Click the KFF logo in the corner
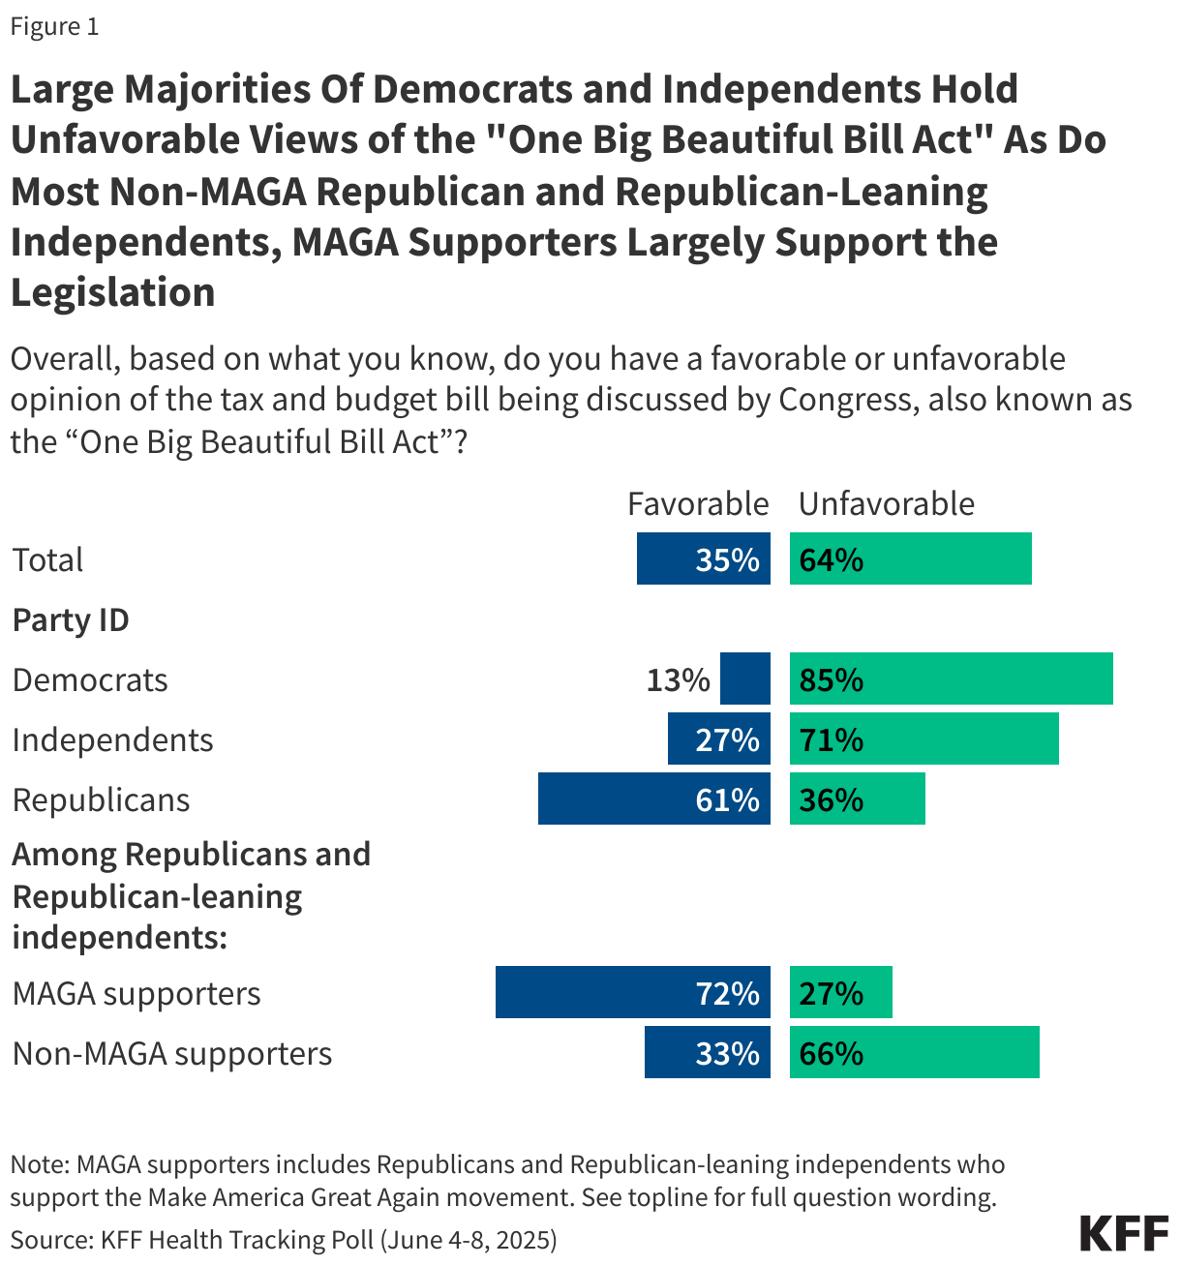1123,1234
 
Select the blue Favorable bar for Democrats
745,678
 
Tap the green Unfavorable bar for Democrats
951,678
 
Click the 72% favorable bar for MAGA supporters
632,992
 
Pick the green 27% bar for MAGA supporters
840,992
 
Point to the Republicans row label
101,800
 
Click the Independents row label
112,740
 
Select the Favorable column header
697,504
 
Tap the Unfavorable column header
886,504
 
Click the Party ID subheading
71,620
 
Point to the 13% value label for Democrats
678,680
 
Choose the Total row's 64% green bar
910,558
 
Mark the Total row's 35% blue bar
703,558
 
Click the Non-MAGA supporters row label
171,1054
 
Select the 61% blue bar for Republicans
653,799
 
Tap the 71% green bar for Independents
924,738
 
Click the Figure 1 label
54,26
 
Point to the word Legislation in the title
112,292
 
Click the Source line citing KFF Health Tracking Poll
284,1240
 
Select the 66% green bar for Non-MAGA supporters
914,1052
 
